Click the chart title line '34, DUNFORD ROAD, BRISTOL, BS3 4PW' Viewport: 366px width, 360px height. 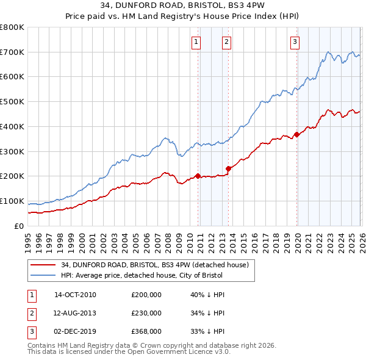pyautogui.click(x=182, y=5)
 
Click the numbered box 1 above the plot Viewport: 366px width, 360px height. pyautogui.click(x=196, y=42)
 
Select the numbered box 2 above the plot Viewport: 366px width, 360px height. pyautogui.click(x=226, y=42)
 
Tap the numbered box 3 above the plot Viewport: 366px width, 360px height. pyautogui.click(x=295, y=42)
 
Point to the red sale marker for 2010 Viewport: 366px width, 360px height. pyautogui.click(x=198, y=176)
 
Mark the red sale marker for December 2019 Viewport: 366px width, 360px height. pyautogui.click(x=297, y=134)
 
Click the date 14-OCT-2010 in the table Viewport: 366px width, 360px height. pyautogui.click(x=75, y=295)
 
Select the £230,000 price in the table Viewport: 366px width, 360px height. pyautogui.click(x=146, y=313)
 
